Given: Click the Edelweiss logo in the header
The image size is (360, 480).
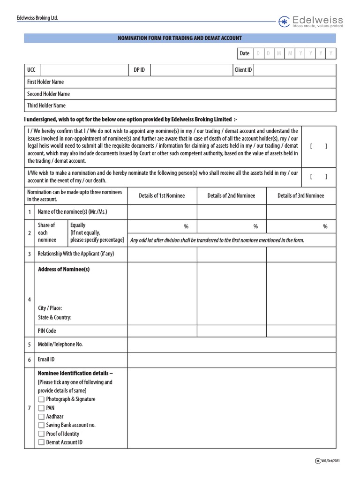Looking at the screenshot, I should [x=311, y=22].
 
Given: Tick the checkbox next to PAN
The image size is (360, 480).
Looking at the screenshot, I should [x=41, y=408].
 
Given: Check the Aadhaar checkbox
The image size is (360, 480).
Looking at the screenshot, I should [x=41, y=417].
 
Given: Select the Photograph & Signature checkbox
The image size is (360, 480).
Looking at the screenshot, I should [x=41, y=399].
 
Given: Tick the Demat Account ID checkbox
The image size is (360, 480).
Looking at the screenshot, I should [x=41, y=442].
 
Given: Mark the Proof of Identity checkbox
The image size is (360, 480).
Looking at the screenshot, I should [x=41, y=434].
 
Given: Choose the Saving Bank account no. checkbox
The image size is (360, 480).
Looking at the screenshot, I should [x=41, y=425].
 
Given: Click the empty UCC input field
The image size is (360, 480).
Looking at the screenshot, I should [x=84, y=70].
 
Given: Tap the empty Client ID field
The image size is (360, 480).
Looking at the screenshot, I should [x=295, y=70].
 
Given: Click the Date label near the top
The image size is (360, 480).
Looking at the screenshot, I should [x=245, y=53].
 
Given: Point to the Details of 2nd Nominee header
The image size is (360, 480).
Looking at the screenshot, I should [x=231, y=195].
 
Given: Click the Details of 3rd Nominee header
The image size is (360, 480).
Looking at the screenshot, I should [x=300, y=195].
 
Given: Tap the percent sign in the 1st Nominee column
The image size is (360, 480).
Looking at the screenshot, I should [x=186, y=226].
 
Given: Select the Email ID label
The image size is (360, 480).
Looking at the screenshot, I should [x=46, y=360].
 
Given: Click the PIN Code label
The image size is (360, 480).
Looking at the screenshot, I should [x=47, y=331].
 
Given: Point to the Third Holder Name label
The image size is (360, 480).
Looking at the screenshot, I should [x=46, y=105].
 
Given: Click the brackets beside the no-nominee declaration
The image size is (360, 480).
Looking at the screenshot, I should [x=319, y=146].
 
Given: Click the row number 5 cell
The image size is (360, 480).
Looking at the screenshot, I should [x=29, y=345].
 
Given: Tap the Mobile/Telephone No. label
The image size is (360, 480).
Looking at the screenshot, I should [x=60, y=345].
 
